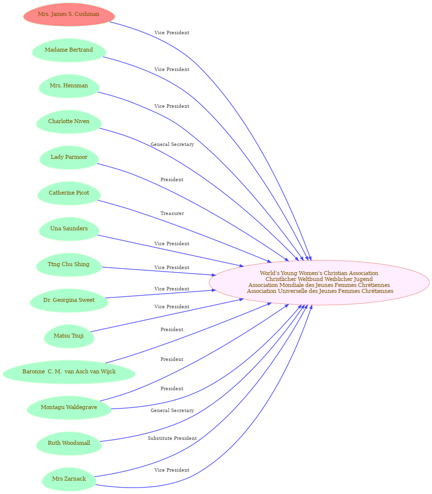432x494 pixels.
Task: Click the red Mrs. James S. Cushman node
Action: point(69,14)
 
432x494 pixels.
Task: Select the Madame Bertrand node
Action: point(69,50)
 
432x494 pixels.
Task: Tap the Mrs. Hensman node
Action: point(69,86)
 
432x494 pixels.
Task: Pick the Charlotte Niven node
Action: point(69,121)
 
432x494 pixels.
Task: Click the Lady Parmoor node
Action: point(69,157)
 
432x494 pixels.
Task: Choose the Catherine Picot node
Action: point(69,193)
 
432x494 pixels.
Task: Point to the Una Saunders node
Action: point(69,228)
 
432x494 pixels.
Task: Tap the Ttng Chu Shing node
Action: point(69,264)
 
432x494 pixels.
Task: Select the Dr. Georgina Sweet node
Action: point(69,300)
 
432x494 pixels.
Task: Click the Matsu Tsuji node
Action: point(69,336)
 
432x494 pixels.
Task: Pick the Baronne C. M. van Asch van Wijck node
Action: point(69,371)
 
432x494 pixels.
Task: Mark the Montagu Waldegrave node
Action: point(69,407)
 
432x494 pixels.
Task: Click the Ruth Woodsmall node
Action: point(69,443)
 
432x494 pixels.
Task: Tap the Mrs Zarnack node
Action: point(69,479)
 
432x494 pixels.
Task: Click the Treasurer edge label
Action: point(172,213)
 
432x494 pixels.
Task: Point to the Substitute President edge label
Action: point(172,438)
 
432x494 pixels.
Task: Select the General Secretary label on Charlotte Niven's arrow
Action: point(172,144)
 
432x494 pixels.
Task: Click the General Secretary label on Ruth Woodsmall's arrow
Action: point(172,411)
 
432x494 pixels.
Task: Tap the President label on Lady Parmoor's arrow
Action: point(172,180)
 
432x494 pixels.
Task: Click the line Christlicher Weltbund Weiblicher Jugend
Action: point(319,279)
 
